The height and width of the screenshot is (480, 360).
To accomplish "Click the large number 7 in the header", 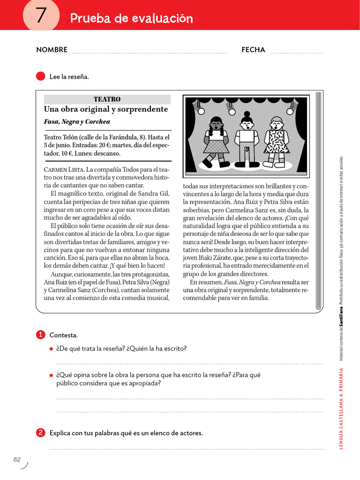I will tap(41, 16).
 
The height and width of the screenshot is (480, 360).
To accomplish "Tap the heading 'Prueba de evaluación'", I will tap(131, 18).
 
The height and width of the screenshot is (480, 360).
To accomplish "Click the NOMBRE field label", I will tap(52, 50).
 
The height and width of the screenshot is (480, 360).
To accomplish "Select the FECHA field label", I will tap(253, 50).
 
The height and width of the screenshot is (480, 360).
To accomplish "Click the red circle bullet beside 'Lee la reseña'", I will tap(40, 76).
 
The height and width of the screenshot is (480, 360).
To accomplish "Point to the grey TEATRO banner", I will tap(107, 99).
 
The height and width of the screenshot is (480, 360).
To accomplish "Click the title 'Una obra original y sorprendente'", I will tap(105, 109).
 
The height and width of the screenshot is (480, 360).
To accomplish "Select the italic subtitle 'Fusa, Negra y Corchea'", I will tap(77, 121).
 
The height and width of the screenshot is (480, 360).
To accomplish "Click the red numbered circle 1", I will tap(40, 335).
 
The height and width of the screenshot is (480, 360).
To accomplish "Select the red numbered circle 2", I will tap(40, 433).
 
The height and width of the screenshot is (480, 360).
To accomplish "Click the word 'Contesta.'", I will tap(64, 335).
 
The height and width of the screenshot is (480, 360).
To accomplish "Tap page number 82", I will tap(17, 459).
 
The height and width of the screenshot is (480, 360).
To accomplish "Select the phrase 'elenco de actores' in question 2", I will tap(176, 433).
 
